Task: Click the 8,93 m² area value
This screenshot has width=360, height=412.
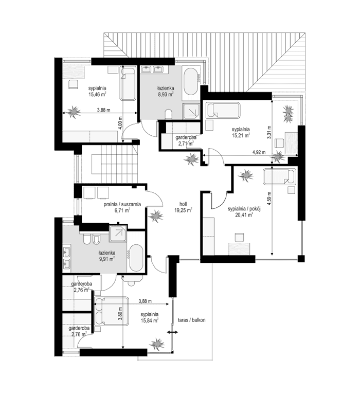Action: coord(165,95)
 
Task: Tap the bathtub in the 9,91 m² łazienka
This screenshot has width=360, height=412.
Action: coord(137,257)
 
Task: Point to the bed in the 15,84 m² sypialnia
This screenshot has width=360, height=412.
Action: coord(110,311)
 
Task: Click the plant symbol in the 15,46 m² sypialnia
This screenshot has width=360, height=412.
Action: coord(75,111)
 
